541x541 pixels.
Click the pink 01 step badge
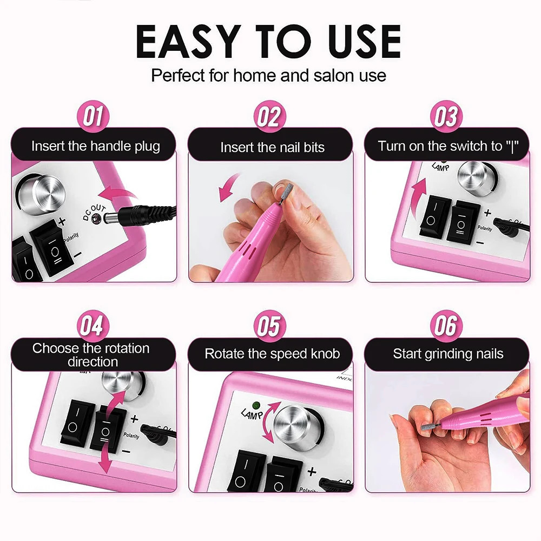coord(93,117)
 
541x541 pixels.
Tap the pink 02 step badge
coord(269,117)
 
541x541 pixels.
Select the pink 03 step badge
coord(446,117)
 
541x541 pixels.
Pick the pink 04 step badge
coord(93,326)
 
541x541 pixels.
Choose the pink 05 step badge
coord(269,326)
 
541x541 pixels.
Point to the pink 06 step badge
coord(446,326)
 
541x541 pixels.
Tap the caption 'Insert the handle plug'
coord(95,147)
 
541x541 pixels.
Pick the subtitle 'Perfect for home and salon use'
coord(269,75)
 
